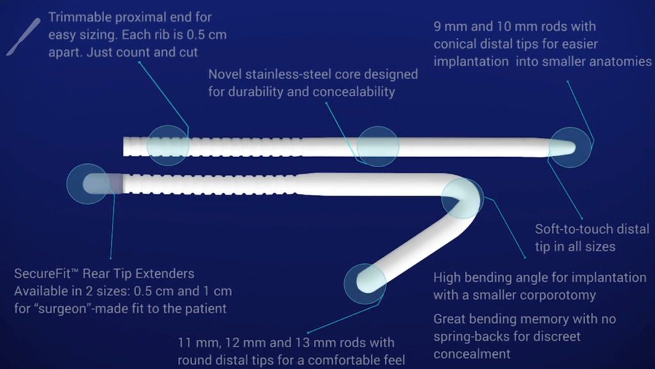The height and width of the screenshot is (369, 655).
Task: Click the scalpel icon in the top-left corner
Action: pos(24,37)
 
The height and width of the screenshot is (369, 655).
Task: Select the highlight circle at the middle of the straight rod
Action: pos(377,147)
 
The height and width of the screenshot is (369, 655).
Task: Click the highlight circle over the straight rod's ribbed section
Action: pos(168,145)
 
